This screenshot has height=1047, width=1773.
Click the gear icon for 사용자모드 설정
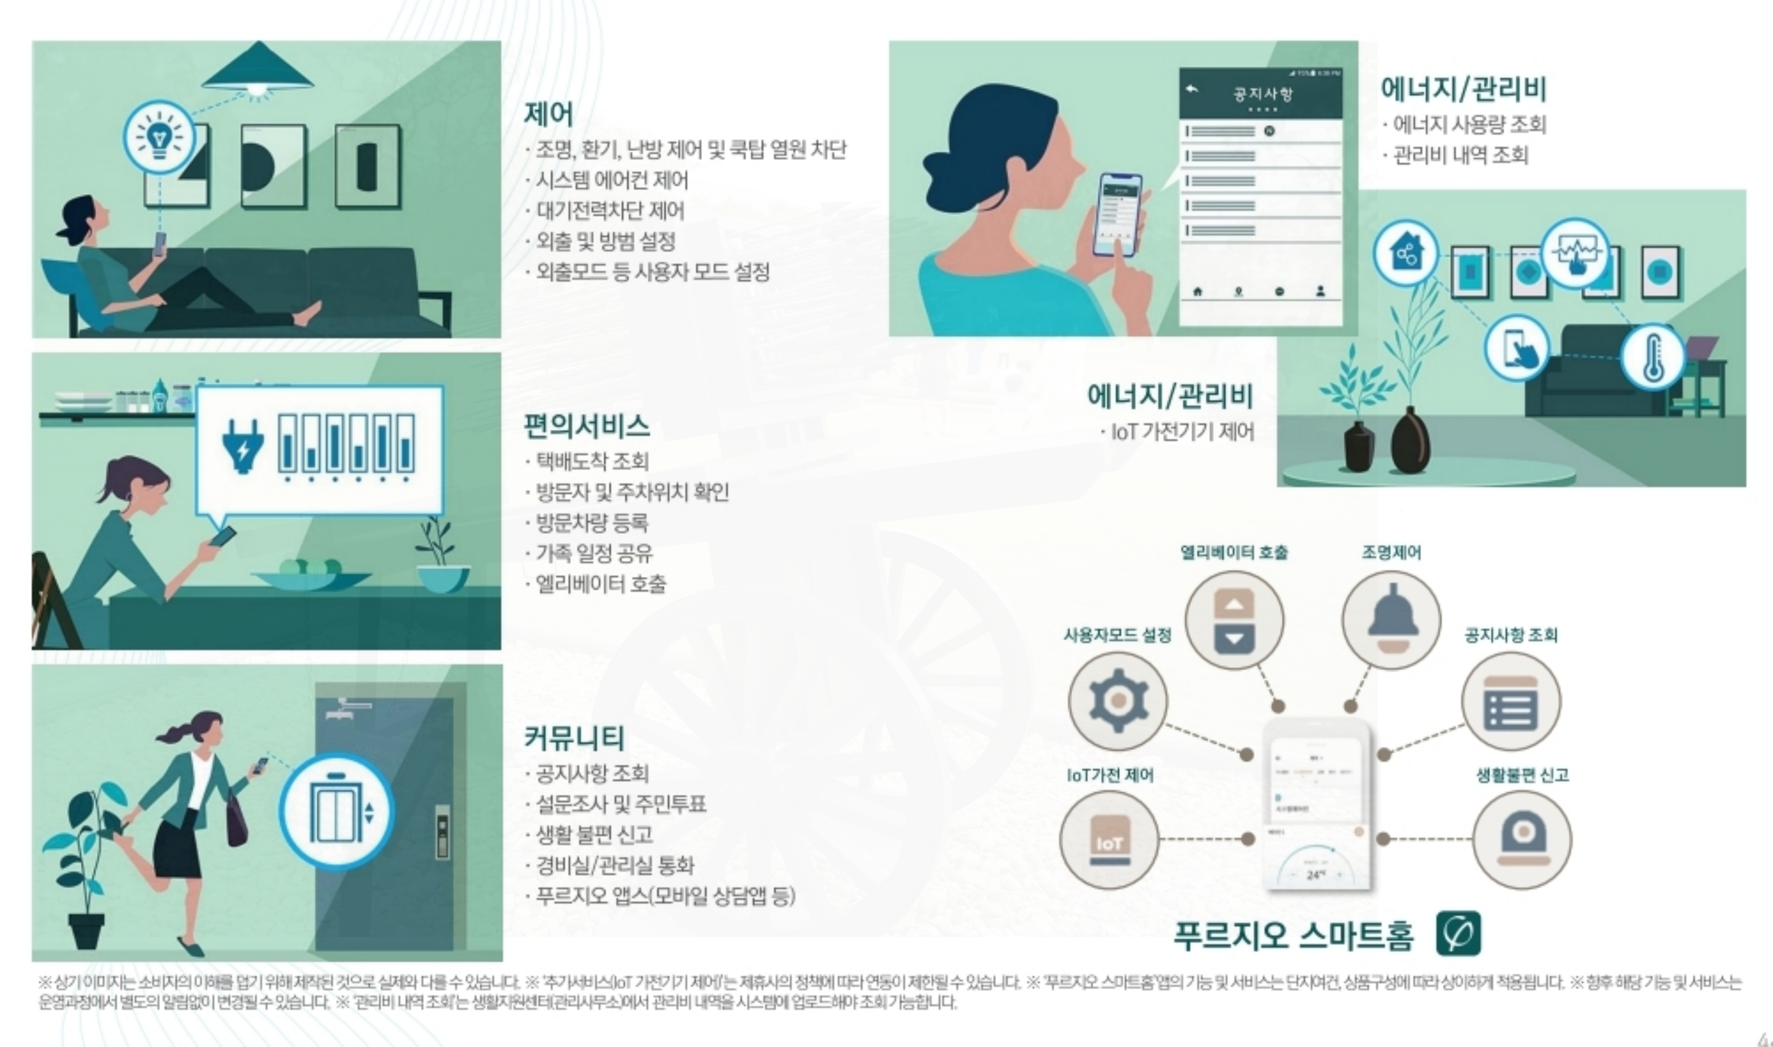tap(1118, 701)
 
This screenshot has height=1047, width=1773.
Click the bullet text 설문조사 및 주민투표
tap(621, 804)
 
